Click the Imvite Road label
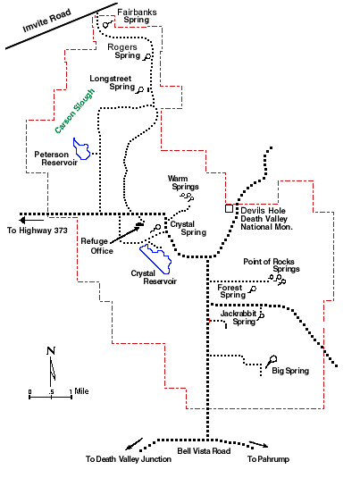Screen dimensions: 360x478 click(x=46, y=21)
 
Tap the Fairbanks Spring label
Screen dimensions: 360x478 click(x=137, y=16)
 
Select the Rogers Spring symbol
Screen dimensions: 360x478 click(x=147, y=56)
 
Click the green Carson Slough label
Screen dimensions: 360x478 click(x=75, y=111)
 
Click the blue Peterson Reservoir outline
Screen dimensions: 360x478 click(x=81, y=149)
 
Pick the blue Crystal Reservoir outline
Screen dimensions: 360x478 click(x=155, y=258)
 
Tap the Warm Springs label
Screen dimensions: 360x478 click(x=183, y=182)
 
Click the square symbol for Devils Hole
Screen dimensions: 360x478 click(x=229, y=208)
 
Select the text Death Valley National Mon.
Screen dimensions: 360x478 click(x=266, y=222)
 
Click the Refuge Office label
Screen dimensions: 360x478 click(x=97, y=246)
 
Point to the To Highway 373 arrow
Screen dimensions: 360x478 click(x=31, y=220)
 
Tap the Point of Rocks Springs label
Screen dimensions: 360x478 click(x=272, y=265)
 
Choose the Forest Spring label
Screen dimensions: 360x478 click(x=231, y=291)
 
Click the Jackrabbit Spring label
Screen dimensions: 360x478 click(x=239, y=318)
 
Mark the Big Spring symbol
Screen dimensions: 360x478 click(x=271, y=361)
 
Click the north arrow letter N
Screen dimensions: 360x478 click(x=51, y=351)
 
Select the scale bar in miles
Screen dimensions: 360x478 click(x=51, y=397)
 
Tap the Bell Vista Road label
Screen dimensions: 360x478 click(x=204, y=451)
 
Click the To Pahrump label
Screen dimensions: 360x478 click(x=268, y=459)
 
